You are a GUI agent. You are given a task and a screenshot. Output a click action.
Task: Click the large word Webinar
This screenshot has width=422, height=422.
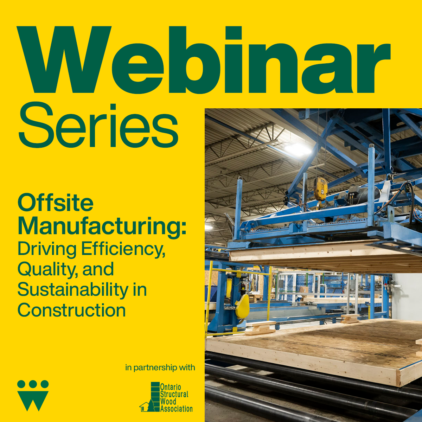tap(204, 59)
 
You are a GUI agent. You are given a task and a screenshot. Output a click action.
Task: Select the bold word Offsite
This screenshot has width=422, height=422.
tap(56, 203)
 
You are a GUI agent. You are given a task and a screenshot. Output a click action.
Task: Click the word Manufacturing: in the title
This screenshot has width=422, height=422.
tap(102, 226)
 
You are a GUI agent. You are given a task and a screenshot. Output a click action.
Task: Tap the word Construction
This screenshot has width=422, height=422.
tap(72, 310)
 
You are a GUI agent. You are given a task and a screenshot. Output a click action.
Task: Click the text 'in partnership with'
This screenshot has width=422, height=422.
tap(160, 367)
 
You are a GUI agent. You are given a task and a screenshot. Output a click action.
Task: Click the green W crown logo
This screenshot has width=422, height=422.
tap(33, 394)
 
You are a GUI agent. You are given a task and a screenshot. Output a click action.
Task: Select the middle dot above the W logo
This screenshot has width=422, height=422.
tap(33, 384)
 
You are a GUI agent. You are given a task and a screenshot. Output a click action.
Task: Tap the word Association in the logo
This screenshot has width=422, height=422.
tap(176, 409)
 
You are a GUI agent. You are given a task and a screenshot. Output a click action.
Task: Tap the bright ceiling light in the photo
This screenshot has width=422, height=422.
tap(298, 149)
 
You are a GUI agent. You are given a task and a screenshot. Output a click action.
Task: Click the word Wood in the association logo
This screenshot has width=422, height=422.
tap(168, 401)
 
